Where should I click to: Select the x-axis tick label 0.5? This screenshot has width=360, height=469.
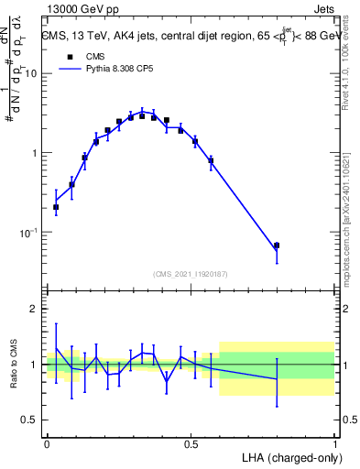pyautogui.click(x=191, y=442)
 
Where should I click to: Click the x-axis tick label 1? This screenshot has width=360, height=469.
pyautogui.click(x=334, y=442)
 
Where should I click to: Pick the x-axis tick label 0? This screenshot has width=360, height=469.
pyautogui.click(x=47, y=442)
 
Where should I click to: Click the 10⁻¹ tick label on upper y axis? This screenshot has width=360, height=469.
pyautogui.click(x=27, y=233)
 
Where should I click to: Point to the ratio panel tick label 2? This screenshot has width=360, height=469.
pyautogui.click(x=33, y=309)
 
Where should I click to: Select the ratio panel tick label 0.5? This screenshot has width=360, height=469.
pyautogui.click(x=28, y=420)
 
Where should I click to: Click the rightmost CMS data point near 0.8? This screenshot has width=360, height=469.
pyautogui.click(x=277, y=245)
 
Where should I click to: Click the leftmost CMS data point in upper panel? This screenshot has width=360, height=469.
pyautogui.click(x=56, y=207)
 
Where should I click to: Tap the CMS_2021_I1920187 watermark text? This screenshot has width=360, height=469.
pyautogui.click(x=191, y=273)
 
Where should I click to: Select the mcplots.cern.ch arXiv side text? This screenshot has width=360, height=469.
pyautogui.click(x=351, y=206)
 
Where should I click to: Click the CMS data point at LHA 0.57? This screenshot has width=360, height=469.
pyautogui.click(x=211, y=161)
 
